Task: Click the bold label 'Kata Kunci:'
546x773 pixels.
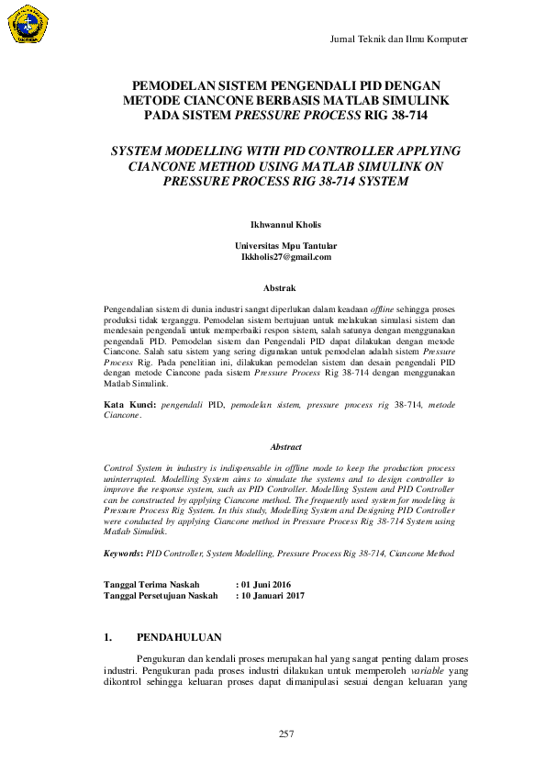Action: pos(128,404)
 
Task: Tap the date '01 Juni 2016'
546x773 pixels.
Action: pos(265,584)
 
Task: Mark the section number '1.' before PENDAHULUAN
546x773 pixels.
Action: pos(108,637)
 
